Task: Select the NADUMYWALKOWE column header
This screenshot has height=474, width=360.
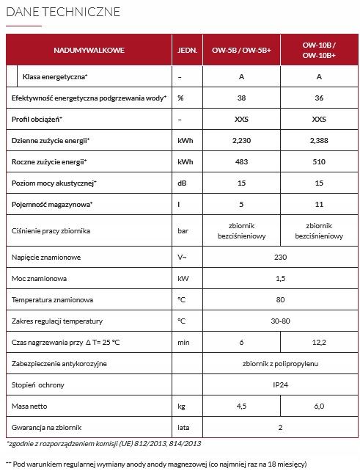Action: click(x=89, y=50)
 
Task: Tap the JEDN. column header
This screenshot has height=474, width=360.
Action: click(x=185, y=50)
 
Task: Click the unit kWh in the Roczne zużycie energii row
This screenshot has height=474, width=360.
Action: click(x=185, y=161)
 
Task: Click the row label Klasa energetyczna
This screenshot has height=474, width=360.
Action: click(x=56, y=76)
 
